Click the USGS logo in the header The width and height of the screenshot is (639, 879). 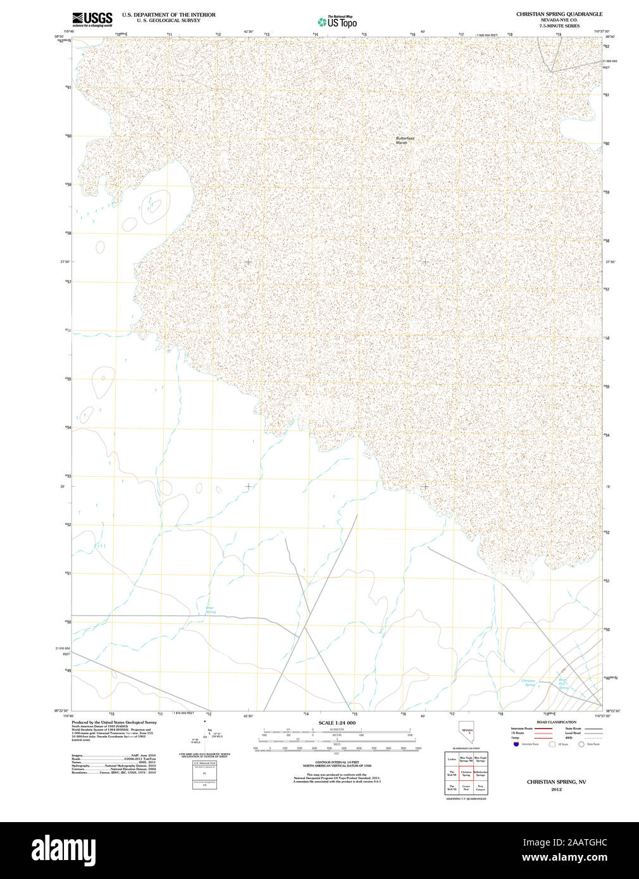point(92,18)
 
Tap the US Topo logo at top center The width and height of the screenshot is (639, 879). point(338,22)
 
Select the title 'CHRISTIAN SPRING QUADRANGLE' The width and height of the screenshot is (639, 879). point(559,14)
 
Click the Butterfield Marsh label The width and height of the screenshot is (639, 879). point(405,140)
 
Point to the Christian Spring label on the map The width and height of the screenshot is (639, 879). point(528,682)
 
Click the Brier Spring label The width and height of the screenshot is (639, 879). point(210,610)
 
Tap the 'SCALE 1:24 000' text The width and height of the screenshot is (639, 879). point(337,723)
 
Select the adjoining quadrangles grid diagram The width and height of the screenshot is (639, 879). point(466,772)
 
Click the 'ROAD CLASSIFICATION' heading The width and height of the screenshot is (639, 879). point(556,722)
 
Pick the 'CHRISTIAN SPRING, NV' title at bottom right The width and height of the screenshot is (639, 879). point(556,782)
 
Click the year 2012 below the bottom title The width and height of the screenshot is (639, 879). point(556,789)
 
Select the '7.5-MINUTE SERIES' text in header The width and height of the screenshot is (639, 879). point(559,26)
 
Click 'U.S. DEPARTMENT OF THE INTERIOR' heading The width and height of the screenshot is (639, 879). point(168,15)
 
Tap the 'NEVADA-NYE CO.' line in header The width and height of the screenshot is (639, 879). point(559,20)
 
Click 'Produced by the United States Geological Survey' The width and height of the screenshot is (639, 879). point(114,722)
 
